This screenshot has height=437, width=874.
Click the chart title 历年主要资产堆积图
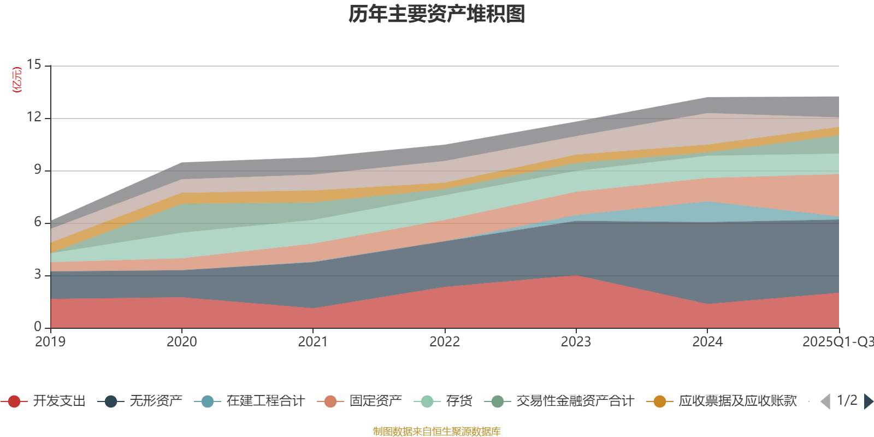coord(437,15)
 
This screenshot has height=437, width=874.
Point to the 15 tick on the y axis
coord(34,65)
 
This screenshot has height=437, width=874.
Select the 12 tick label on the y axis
coord(34,117)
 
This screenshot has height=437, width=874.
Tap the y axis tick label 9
coord(37,170)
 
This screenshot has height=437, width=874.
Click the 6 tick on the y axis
coord(37,222)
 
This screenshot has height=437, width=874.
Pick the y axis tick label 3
coord(37,275)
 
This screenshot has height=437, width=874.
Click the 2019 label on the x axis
coord(50,342)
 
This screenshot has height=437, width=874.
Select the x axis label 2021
coord(313,342)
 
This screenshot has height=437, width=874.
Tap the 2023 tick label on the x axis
coord(576,342)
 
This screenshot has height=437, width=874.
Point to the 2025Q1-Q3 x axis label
coord(837,342)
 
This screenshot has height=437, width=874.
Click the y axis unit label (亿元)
coord(17,80)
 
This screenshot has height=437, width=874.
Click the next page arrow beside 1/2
coord(868,401)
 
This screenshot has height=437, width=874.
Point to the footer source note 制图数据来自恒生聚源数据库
coord(437,432)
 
